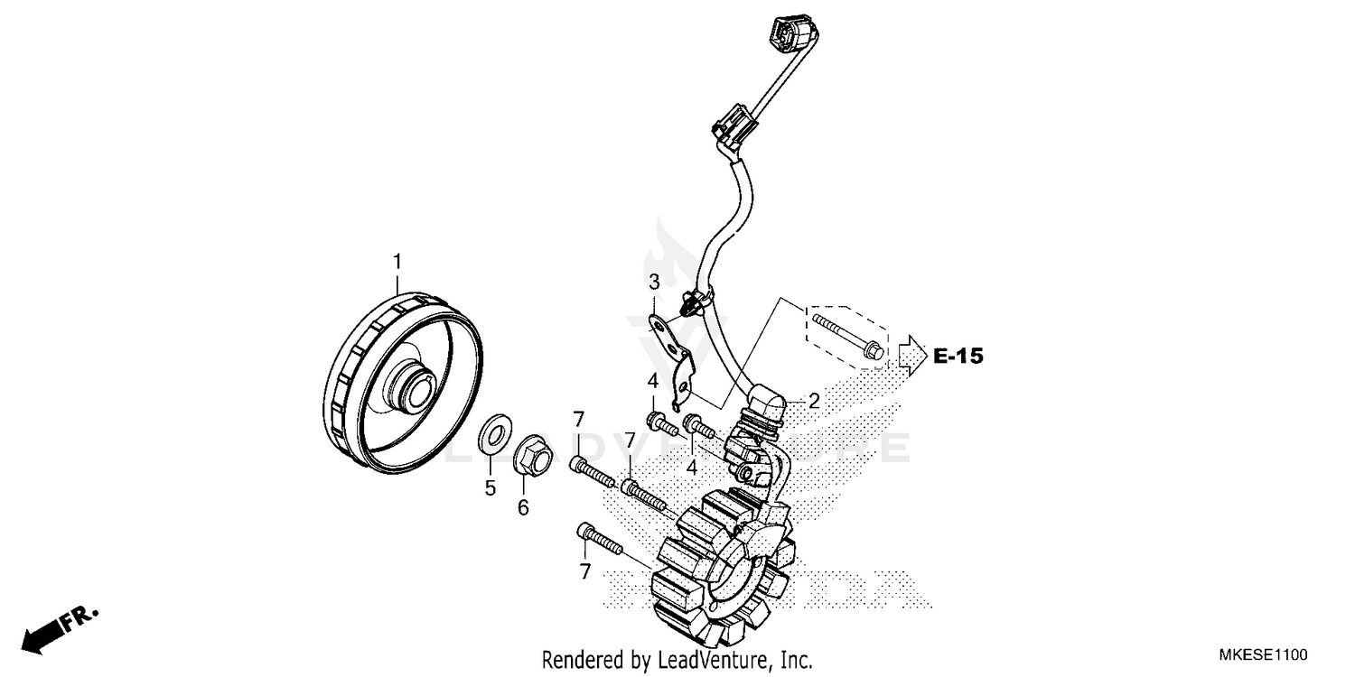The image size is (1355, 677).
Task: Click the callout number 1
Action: pyautogui.click(x=397, y=263)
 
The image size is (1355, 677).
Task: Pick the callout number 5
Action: pyautogui.click(x=491, y=488)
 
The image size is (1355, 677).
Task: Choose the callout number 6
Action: pyautogui.click(x=523, y=507)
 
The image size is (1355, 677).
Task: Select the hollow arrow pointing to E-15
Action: pyautogui.click(x=912, y=355)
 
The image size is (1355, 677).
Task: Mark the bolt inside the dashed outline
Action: pyautogui.click(x=847, y=334)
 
